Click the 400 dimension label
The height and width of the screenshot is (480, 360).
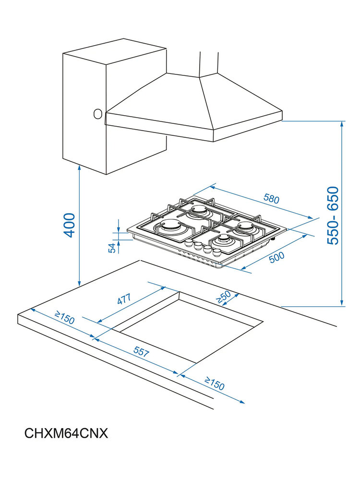coord(70,224)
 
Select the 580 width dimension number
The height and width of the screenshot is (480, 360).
coord(271,198)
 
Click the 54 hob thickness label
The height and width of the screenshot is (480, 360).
coord(112,248)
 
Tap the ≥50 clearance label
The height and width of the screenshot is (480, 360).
coord(224,297)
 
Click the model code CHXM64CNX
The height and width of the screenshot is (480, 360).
coord(66,433)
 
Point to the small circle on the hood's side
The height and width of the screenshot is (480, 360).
coord(97,114)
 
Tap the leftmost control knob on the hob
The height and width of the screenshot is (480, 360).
coord(189,243)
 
